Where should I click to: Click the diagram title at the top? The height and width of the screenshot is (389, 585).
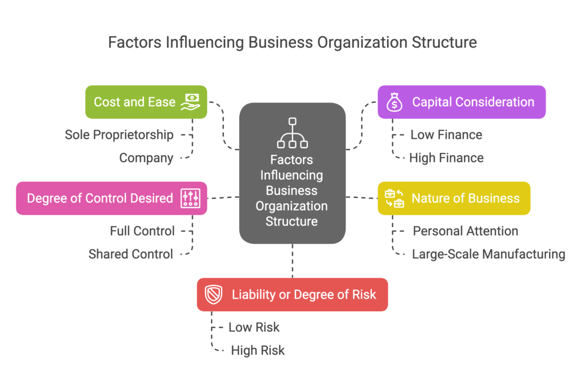(x=292, y=42)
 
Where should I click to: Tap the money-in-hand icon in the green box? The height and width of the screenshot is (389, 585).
(x=190, y=102)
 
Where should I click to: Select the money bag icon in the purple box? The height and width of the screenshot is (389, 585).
(x=395, y=102)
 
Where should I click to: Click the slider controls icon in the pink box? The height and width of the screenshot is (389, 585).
(x=190, y=198)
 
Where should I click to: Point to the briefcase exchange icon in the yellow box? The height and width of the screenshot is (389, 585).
(x=394, y=198)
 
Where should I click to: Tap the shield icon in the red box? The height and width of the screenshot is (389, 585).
(x=214, y=295)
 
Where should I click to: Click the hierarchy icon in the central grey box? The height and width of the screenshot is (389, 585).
(x=292, y=133)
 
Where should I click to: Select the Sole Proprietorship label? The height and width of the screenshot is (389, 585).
(x=119, y=135)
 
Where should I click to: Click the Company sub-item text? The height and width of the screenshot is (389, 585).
(x=146, y=158)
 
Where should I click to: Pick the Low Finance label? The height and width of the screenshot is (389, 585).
(x=446, y=135)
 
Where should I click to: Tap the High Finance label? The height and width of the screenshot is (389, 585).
(x=446, y=158)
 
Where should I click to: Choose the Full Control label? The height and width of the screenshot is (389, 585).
(x=142, y=231)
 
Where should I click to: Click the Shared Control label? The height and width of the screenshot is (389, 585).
(x=131, y=254)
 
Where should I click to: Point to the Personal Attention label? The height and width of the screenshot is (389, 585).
(x=466, y=231)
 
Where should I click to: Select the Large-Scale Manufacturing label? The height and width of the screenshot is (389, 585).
(x=488, y=254)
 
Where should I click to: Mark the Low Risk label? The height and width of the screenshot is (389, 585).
(x=254, y=327)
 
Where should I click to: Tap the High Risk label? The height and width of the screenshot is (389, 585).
(x=258, y=350)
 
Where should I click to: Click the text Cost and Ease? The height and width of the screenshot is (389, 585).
(x=135, y=102)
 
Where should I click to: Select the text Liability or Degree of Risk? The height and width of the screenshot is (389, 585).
(x=304, y=295)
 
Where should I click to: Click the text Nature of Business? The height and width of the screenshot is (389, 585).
(x=466, y=198)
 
